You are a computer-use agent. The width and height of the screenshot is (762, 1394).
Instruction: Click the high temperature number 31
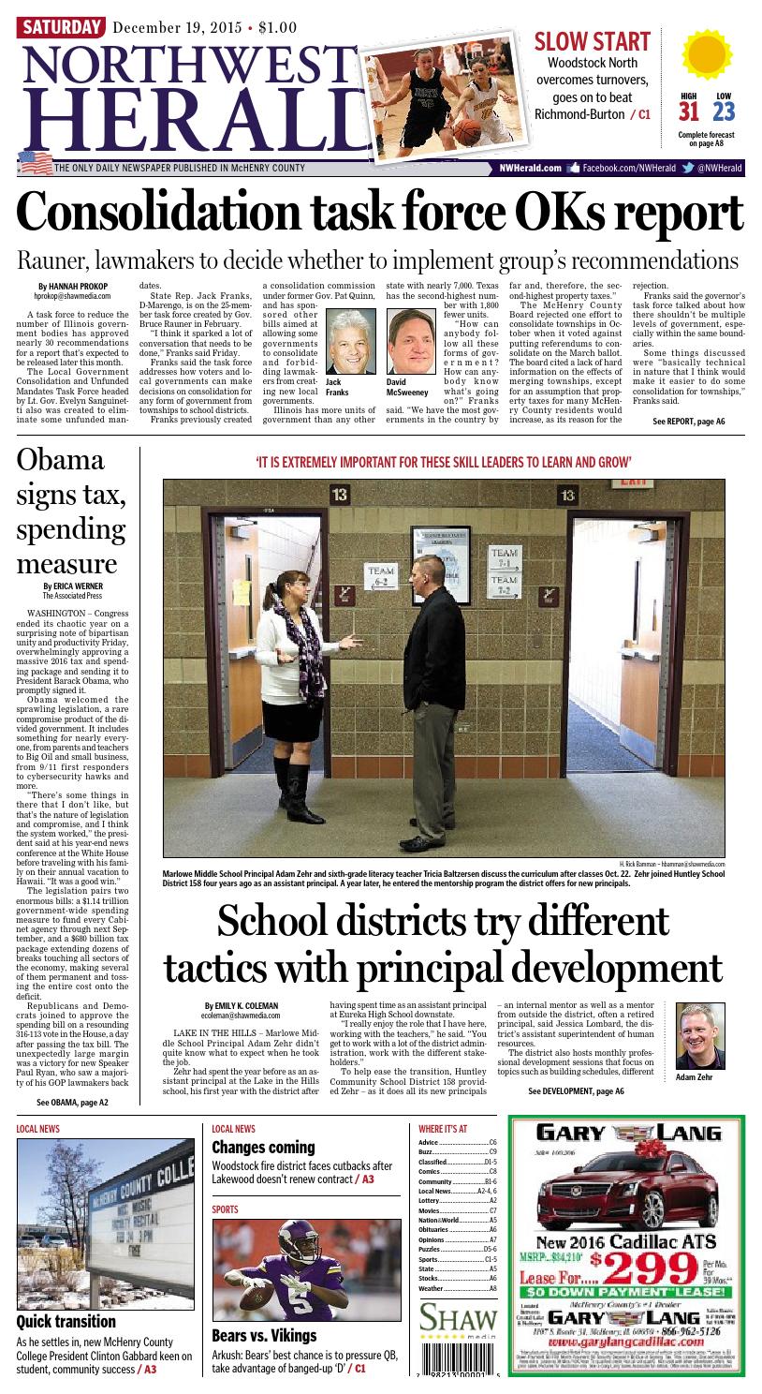[x=689, y=112]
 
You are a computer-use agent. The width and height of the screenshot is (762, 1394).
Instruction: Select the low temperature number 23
[x=723, y=112]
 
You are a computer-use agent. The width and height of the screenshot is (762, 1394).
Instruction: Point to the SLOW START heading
[x=591, y=41]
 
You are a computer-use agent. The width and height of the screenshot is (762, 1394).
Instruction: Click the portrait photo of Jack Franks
[x=350, y=342]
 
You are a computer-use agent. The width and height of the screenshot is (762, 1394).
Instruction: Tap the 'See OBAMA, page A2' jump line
[x=72, y=1103]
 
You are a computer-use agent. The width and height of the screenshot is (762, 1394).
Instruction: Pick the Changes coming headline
[x=263, y=1148]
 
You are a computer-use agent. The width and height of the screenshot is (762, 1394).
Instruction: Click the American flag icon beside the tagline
[x=35, y=161]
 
